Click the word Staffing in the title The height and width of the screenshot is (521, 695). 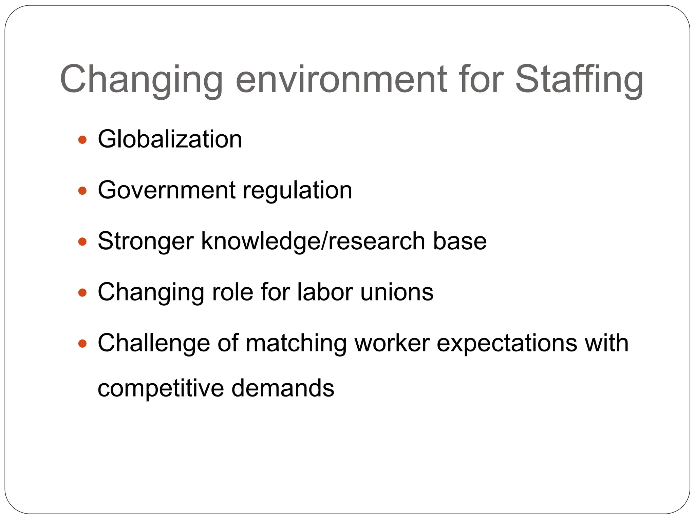click(x=579, y=80)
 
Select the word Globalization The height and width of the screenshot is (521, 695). click(x=170, y=139)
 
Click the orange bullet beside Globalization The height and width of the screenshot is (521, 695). click(x=82, y=140)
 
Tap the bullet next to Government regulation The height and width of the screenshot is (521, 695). click(x=82, y=191)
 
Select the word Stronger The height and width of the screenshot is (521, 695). click(x=146, y=242)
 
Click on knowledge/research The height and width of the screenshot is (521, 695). click(x=313, y=241)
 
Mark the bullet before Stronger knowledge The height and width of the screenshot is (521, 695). click(x=82, y=242)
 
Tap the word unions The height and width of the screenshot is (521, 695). click(x=397, y=292)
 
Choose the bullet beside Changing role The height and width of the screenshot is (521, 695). click(x=82, y=292)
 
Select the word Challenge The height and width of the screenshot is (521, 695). click(x=154, y=343)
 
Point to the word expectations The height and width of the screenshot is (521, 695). click(x=507, y=343)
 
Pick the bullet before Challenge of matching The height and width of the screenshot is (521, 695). click(x=82, y=344)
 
